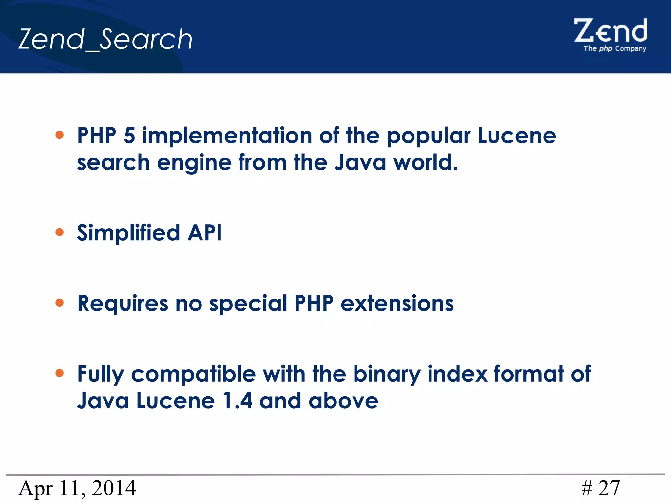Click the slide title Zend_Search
point(105,39)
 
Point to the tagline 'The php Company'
point(615,49)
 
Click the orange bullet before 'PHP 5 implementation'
point(59,135)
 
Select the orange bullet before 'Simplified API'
point(59,232)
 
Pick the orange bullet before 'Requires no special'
point(59,303)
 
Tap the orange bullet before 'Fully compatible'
point(59,373)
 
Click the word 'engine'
point(194,163)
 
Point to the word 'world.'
point(426,162)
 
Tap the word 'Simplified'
point(128,233)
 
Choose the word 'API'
point(205,233)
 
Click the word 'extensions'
point(397,303)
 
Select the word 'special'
point(248,304)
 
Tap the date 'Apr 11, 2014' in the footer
point(77,488)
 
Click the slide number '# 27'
point(601,488)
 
